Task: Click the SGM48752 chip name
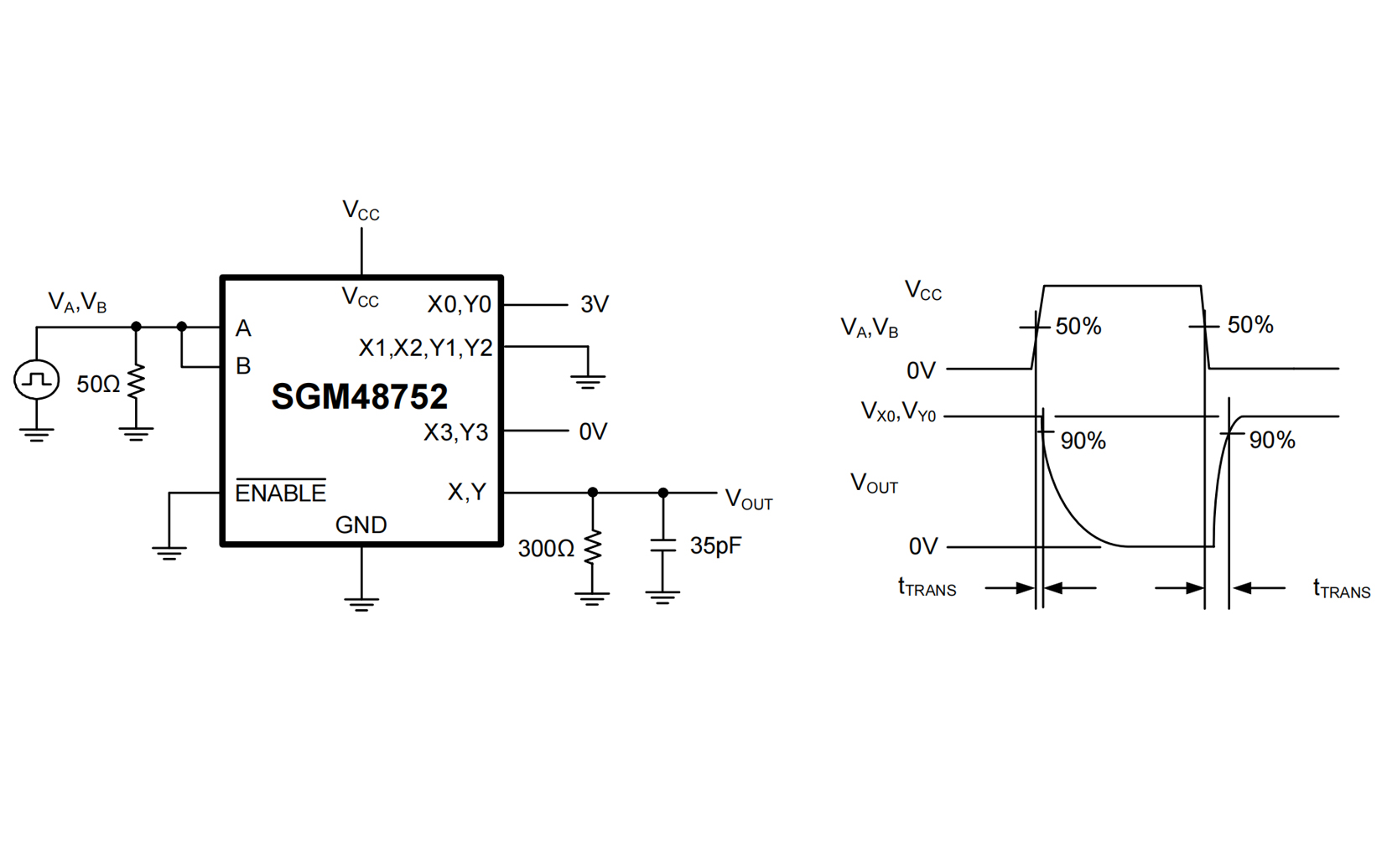pyautogui.click(x=359, y=397)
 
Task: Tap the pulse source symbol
pyautogui.click(x=36, y=380)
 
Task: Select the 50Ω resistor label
pyautogui.click(x=98, y=385)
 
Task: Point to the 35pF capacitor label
pyautogui.click(x=715, y=546)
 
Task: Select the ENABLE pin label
pyautogui.click(x=280, y=492)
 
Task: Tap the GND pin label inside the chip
pyautogui.click(x=361, y=525)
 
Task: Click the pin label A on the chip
pyautogui.click(x=243, y=328)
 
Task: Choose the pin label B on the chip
pyautogui.click(x=243, y=366)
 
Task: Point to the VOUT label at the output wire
pyautogui.click(x=748, y=499)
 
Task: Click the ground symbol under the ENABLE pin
pyautogui.click(x=169, y=552)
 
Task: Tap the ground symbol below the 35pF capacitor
pyautogui.click(x=662, y=597)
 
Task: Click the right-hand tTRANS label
pyautogui.click(x=1341, y=589)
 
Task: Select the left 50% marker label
pyautogui.click(x=1078, y=327)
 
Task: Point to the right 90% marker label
pyautogui.click(x=1271, y=441)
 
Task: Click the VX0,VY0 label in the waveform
pyautogui.click(x=898, y=412)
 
